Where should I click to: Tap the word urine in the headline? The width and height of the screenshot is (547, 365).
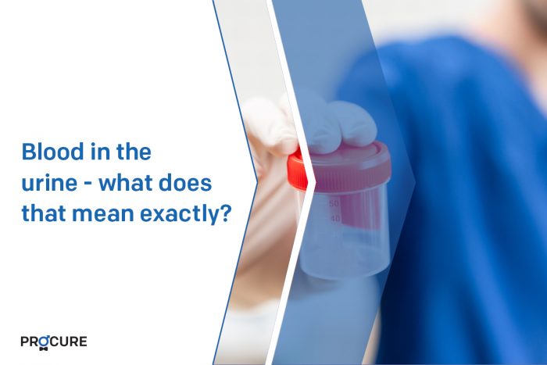coord(49,183)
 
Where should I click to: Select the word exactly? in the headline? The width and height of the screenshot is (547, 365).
coord(186,213)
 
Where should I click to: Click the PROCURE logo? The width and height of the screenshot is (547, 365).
coord(54,342)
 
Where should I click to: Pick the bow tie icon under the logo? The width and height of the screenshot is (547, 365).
coord(44,349)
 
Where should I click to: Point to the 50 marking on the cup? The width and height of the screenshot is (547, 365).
coord(334,203)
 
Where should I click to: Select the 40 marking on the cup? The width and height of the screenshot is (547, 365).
coord(335,219)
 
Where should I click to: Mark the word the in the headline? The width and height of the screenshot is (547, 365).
coord(134,152)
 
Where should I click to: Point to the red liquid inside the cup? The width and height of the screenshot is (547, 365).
coord(359,209)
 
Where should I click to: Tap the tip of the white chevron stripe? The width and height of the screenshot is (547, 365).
coord(316,181)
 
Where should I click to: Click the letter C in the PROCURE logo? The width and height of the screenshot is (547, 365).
coord(55,342)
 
